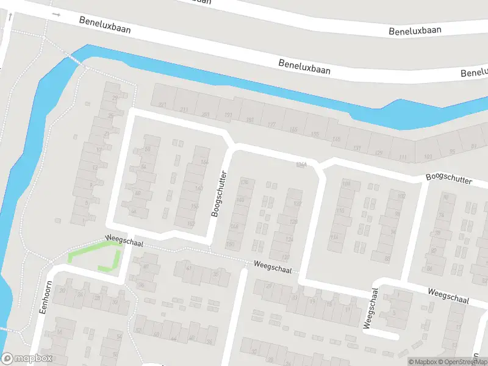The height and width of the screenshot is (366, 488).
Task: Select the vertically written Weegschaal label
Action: pos(368,308)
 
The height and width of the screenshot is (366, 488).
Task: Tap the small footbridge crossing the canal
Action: pos(76,59)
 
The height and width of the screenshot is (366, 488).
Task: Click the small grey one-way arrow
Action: pos(57,13)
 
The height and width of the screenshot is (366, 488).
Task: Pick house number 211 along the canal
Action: pos(184,110)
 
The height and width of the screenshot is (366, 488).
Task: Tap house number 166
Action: pos(204,162)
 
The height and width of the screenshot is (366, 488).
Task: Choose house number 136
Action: pos(335,140)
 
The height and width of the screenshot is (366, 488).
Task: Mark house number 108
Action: pos(347,184)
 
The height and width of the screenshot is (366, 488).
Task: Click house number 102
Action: pos(401,196)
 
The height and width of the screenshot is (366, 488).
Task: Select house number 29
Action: pos(115,98)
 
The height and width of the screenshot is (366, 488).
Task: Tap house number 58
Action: pos(147,149)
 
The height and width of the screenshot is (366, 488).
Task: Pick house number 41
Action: pos(188,267)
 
